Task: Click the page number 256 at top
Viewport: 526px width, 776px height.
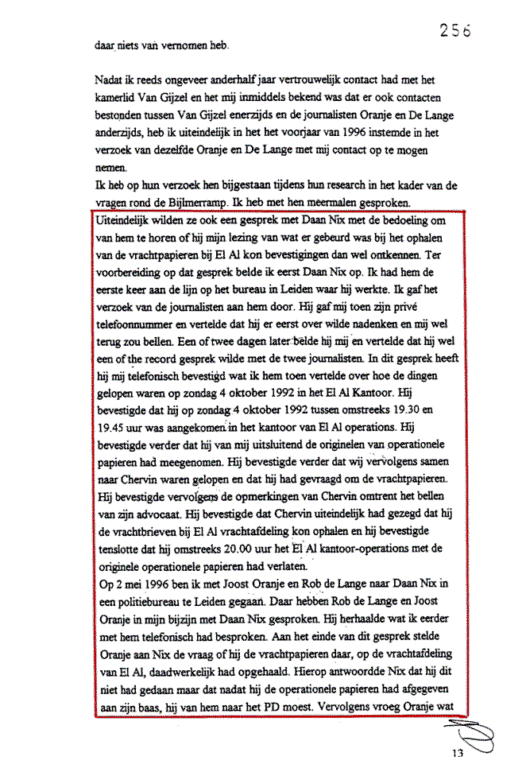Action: tap(455, 31)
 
